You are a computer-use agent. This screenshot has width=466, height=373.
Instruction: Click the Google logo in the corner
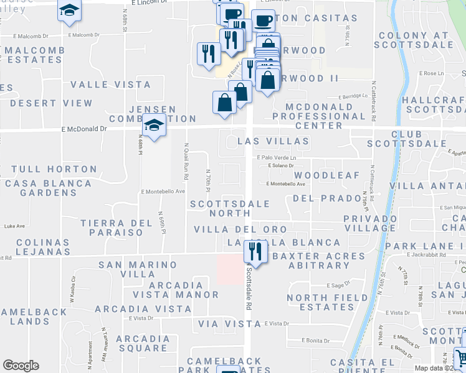coord(21,366)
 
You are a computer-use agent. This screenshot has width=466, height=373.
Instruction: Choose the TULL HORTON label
coord(54,169)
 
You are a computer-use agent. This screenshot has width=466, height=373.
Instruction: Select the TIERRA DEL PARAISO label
coord(117,227)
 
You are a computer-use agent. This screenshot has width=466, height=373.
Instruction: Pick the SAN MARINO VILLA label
coord(138,269)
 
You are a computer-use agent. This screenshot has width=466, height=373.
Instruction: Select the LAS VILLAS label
coord(273,142)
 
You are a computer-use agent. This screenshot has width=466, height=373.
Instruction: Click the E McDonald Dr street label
coord(85,129)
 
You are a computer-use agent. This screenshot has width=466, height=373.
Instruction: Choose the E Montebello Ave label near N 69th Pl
coord(163,191)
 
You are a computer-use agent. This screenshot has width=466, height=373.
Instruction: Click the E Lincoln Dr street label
coord(151,3)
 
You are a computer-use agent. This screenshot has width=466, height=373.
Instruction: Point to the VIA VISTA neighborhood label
coord(229,324)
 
